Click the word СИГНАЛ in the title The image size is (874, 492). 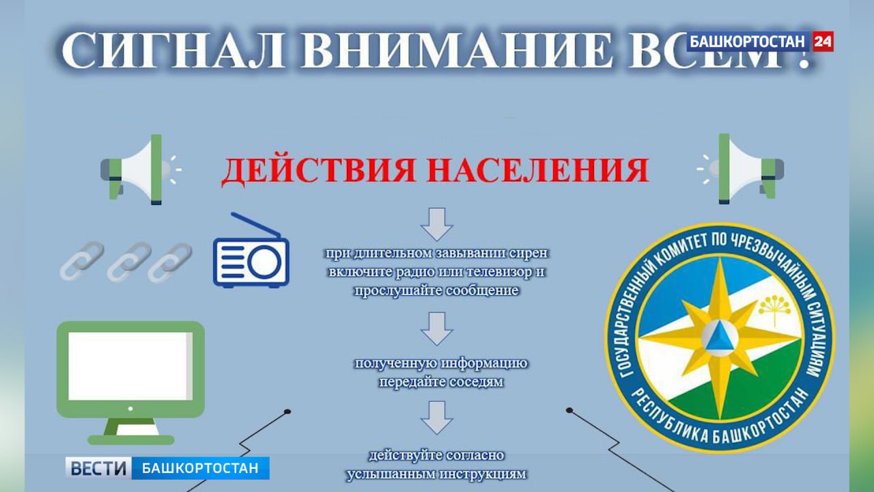tap(172, 51)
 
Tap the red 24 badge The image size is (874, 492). tap(823, 42)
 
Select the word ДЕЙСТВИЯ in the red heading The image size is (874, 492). tap(319, 170)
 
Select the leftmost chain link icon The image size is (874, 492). tap(82, 261)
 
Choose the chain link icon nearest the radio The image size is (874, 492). tap(170, 262)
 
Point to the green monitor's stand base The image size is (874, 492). tap(130, 439)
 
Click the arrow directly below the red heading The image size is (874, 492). tap(437, 224)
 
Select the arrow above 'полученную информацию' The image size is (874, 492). tap(437, 329)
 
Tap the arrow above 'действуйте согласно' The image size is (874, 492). tap(437, 418)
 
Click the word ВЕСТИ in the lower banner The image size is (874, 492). tap(99, 468)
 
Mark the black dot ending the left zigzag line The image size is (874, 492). tap(287, 411)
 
